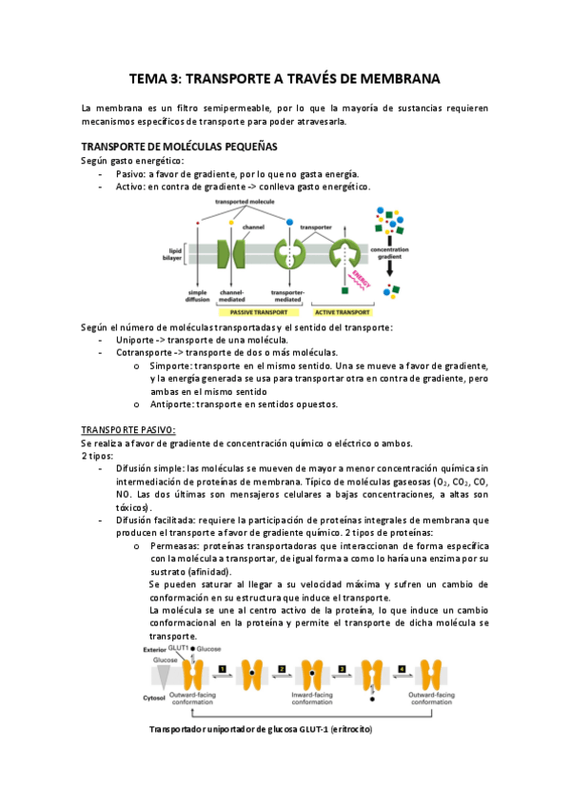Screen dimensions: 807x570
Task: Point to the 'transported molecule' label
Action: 245,203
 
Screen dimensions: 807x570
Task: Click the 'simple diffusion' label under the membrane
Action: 198,296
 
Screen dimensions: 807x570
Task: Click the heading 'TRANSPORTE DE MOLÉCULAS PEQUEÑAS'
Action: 180,147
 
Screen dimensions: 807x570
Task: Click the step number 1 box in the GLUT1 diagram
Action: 221,670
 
